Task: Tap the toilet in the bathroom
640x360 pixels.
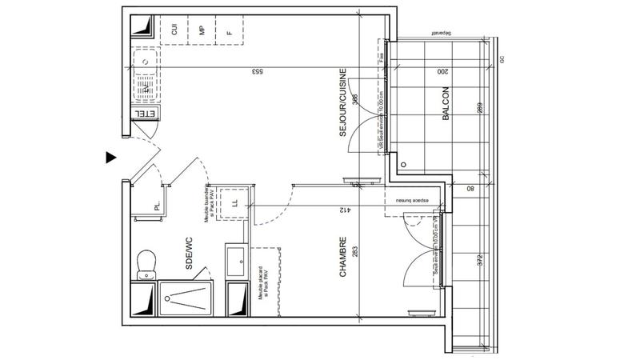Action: tap(146, 261)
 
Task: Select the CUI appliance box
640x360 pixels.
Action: tap(174, 31)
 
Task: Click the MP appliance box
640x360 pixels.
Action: tap(202, 31)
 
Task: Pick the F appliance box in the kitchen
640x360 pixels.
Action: tap(230, 32)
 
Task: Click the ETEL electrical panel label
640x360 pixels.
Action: tap(145, 116)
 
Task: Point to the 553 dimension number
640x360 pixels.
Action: tap(258, 72)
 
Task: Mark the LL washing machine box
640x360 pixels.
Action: tap(234, 202)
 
